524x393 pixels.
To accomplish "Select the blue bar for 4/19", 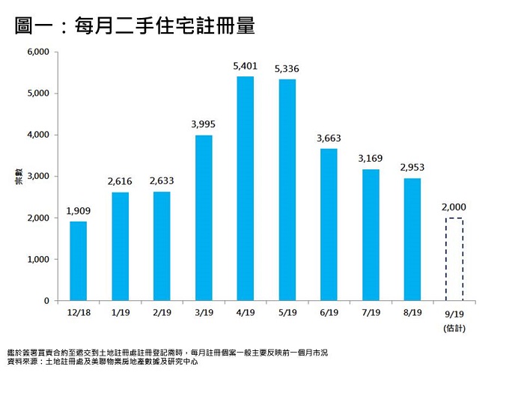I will point(246,189).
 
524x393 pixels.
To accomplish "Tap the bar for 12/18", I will point(78,261).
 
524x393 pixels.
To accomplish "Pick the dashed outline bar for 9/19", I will point(454,259).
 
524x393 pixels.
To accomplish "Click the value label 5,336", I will point(287,70).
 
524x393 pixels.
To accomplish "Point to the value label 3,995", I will point(204,124).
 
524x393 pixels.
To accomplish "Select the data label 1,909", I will point(78,211).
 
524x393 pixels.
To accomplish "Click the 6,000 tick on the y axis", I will point(37,52).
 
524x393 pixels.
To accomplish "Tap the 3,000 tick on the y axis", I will point(37,177).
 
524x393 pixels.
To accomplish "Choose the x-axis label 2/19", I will point(162,312).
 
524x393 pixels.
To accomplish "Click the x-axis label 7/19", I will point(371,312).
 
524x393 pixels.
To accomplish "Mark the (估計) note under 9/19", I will point(454,327).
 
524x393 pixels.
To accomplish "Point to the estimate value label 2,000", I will point(454,207).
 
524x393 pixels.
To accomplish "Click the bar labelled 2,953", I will point(412,240).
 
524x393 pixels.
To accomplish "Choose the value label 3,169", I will point(371,159).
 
